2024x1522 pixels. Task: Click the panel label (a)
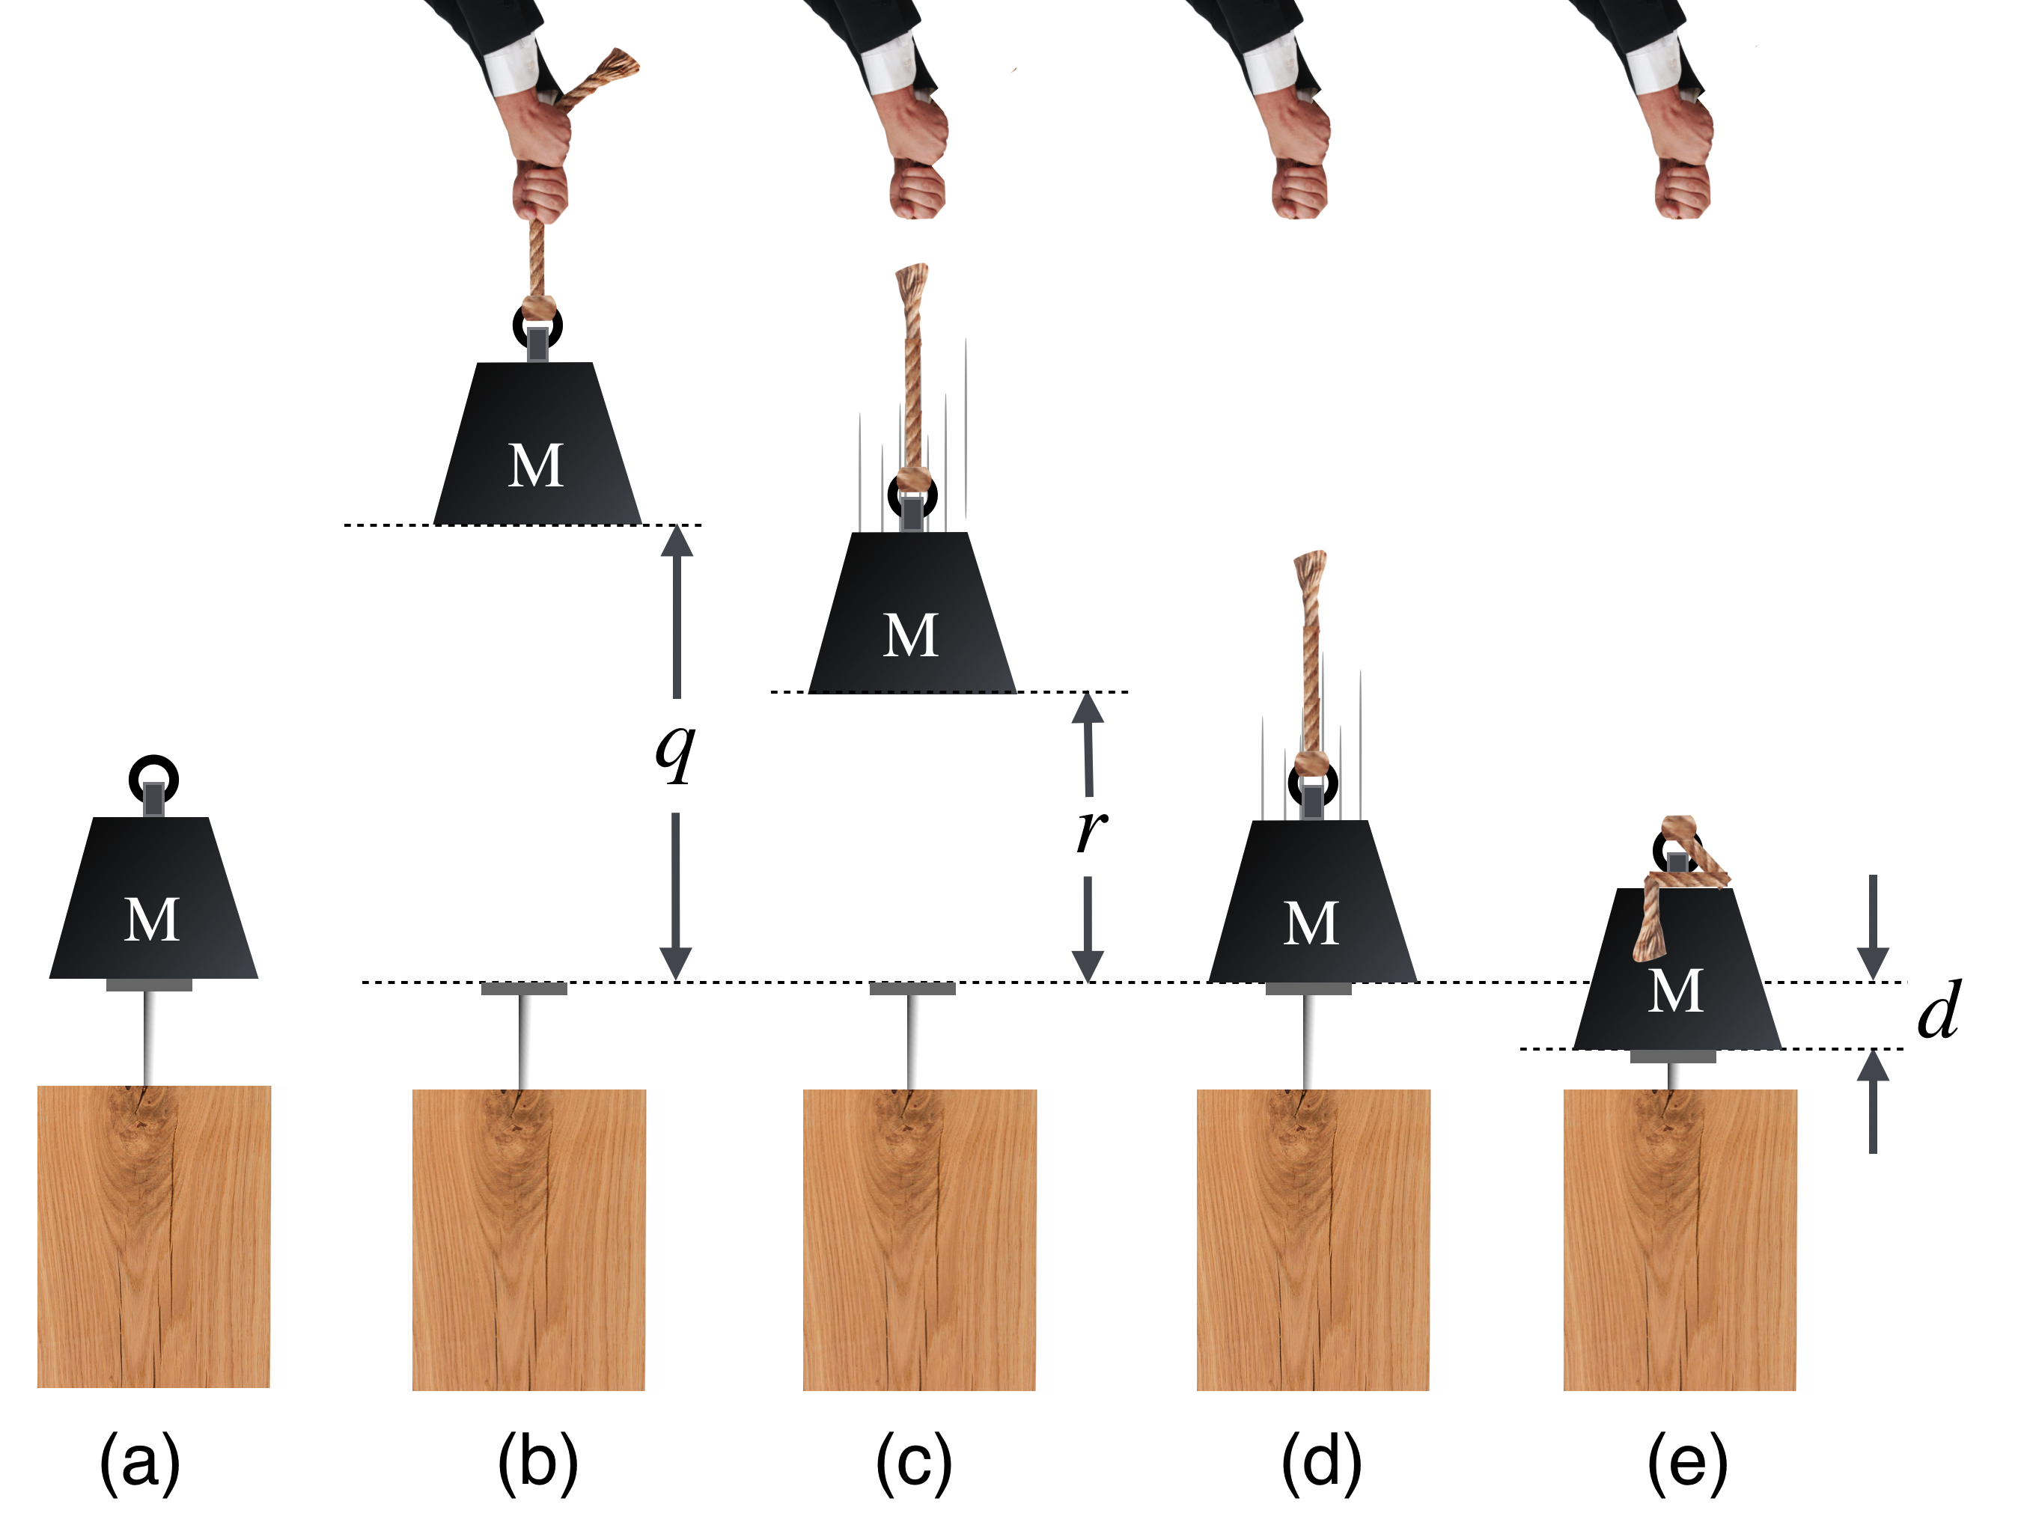pyautogui.click(x=140, y=1463)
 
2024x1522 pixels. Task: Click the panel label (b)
pyautogui.click(x=538, y=1463)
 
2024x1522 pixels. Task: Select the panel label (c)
pyautogui.click(x=914, y=1463)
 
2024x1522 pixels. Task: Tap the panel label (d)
pyautogui.click(x=1321, y=1463)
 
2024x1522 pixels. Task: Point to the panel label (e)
pyautogui.click(x=1687, y=1463)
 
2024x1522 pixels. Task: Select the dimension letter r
pyautogui.click(x=1091, y=830)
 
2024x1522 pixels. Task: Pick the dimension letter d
pyautogui.click(x=1938, y=1012)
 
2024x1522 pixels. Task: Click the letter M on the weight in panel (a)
pyautogui.click(x=152, y=919)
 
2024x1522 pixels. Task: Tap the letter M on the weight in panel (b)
pyautogui.click(x=536, y=465)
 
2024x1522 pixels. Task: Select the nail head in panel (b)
pyautogui.click(x=524, y=988)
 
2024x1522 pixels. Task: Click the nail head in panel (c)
pyautogui.click(x=912, y=988)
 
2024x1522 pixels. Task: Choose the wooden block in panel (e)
pyautogui.click(x=1680, y=1239)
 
